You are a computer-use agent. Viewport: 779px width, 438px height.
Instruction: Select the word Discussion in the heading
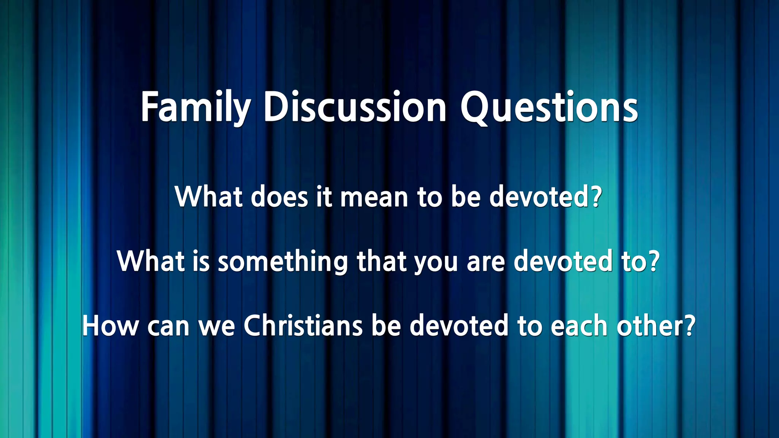[x=355, y=107]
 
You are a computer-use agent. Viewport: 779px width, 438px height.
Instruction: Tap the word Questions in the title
[x=549, y=107]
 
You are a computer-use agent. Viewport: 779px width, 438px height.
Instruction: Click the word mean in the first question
[x=374, y=197]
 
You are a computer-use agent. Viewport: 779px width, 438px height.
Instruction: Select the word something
[x=283, y=262]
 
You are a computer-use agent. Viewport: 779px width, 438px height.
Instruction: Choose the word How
[x=110, y=326]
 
